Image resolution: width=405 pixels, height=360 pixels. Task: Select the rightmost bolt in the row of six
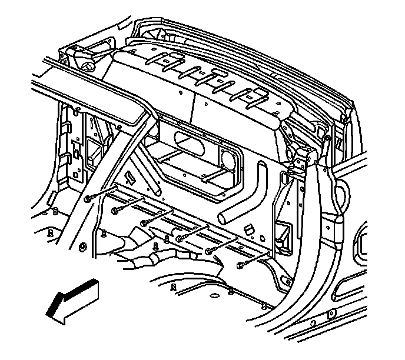(x=240, y=266)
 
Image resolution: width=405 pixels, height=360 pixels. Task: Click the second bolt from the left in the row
(x=114, y=211)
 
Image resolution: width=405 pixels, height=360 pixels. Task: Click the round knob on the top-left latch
(x=87, y=65)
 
